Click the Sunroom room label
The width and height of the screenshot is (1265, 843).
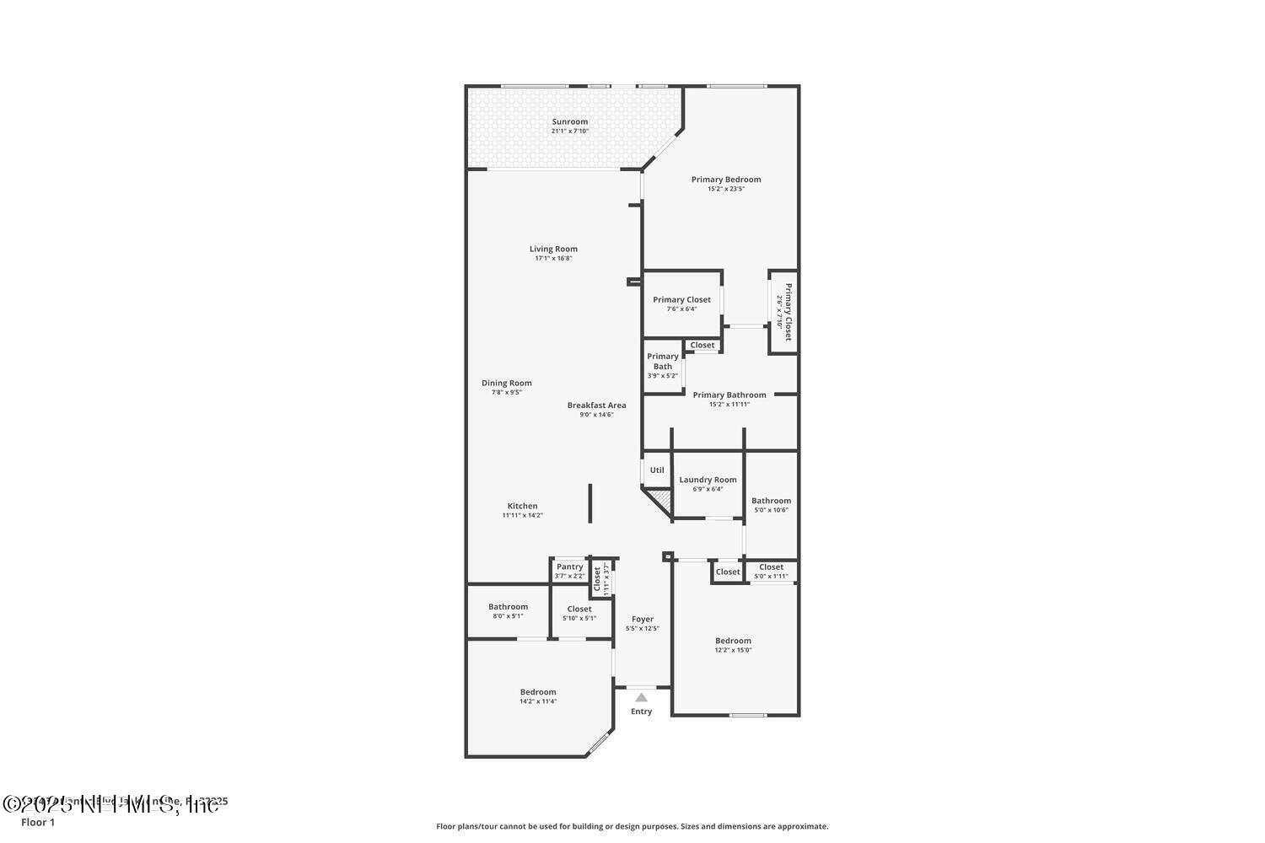(x=570, y=121)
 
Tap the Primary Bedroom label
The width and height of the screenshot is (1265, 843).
(x=725, y=179)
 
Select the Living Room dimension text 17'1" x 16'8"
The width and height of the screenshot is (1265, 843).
(x=553, y=258)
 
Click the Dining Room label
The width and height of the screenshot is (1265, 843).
(x=506, y=383)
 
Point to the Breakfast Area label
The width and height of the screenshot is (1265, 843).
(x=596, y=405)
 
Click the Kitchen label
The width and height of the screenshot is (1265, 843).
(x=522, y=506)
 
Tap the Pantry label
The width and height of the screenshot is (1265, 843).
(x=569, y=566)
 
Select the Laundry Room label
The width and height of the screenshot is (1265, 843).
(x=708, y=480)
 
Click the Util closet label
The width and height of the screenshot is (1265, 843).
(x=657, y=470)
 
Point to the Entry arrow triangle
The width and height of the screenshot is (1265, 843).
(x=641, y=697)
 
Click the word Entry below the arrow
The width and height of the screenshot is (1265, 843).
(x=641, y=711)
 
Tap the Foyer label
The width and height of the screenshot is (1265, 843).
(x=642, y=619)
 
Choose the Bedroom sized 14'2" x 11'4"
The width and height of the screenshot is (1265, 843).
(x=537, y=692)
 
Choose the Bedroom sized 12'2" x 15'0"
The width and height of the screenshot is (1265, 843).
(x=733, y=641)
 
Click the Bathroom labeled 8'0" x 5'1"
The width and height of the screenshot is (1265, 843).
(x=508, y=606)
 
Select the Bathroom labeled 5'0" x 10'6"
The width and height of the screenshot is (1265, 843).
(x=771, y=501)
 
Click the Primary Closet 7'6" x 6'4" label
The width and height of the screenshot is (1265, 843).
(x=681, y=299)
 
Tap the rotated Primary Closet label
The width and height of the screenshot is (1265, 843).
(x=789, y=312)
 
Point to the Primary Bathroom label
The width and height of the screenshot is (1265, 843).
(x=729, y=395)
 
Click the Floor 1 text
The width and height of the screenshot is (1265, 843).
(x=38, y=822)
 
